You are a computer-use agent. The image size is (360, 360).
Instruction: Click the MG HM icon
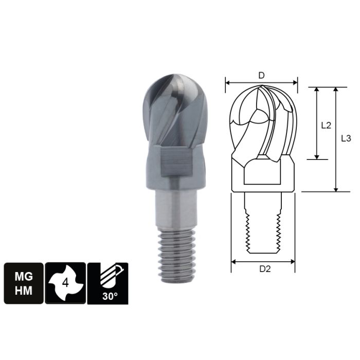(x=24, y=283)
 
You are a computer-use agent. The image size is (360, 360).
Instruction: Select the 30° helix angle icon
(x=107, y=283)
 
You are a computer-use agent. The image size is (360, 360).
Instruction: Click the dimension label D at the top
(x=261, y=76)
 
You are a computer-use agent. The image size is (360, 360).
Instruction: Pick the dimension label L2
(x=325, y=124)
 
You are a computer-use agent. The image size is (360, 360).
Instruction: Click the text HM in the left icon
(x=24, y=291)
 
